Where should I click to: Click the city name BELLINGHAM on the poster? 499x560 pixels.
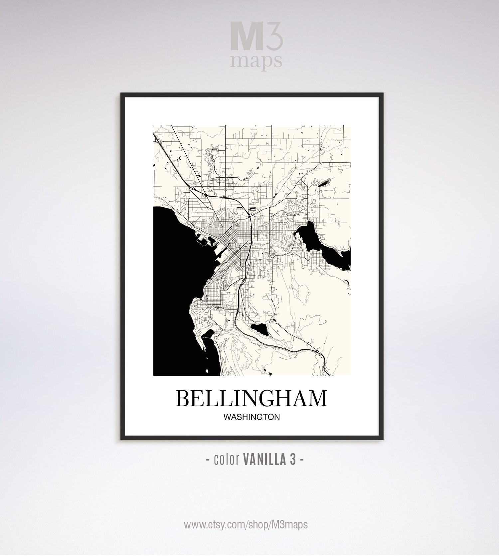pyautogui.click(x=251, y=398)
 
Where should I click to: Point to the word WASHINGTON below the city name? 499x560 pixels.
pyautogui.click(x=251, y=417)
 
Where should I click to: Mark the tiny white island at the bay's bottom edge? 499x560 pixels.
pyautogui.click(x=207, y=371)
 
